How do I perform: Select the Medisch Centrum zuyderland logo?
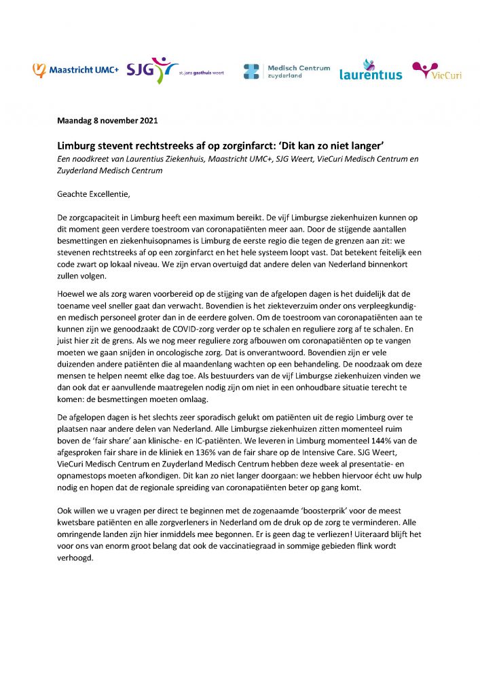(x=287, y=72)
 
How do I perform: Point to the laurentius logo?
(x=371, y=70)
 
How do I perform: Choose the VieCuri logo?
(x=437, y=71)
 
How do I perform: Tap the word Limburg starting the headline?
(x=76, y=147)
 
